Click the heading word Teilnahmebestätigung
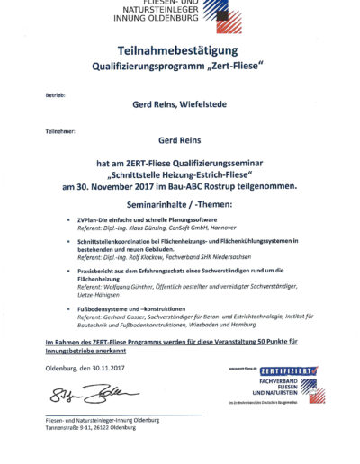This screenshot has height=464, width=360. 180,52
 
